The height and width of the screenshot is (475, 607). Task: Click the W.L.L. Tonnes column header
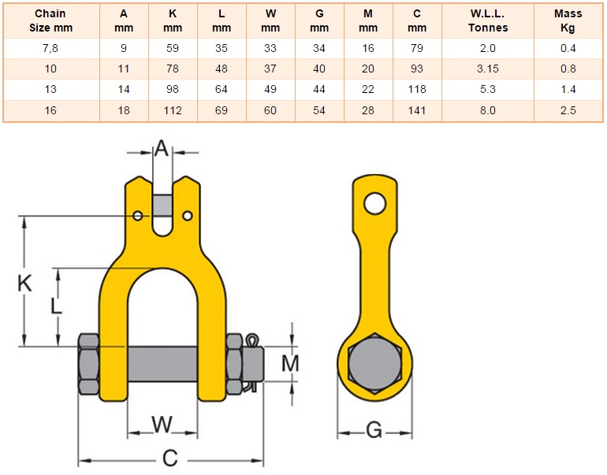click(x=488, y=20)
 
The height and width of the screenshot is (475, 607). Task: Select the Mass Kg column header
click(x=568, y=20)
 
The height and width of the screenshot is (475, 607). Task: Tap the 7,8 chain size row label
click(x=50, y=48)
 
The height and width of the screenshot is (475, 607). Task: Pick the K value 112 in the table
click(x=173, y=110)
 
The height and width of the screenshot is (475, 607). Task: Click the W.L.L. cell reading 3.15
click(x=488, y=69)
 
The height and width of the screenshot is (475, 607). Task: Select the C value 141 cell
click(x=417, y=110)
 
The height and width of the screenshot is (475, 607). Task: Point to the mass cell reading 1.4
click(x=568, y=89)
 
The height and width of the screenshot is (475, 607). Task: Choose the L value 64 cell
click(x=221, y=89)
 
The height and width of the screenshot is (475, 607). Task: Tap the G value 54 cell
click(x=319, y=110)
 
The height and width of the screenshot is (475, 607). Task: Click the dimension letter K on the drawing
click(x=24, y=283)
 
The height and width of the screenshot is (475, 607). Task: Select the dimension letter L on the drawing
click(x=56, y=306)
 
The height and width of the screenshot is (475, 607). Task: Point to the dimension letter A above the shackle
click(x=162, y=148)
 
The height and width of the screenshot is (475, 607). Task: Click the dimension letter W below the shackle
click(x=162, y=425)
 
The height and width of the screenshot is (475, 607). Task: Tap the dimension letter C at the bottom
click(x=170, y=458)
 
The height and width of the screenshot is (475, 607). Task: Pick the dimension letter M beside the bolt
click(x=290, y=363)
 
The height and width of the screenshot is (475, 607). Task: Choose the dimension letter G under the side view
click(x=374, y=430)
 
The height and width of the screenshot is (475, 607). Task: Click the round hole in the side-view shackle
click(x=375, y=203)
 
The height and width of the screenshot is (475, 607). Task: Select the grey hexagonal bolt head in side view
click(x=374, y=363)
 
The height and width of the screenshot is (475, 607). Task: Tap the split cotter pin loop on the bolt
click(x=252, y=340)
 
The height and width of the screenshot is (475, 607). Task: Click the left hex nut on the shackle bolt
click(x=88, y=364)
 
